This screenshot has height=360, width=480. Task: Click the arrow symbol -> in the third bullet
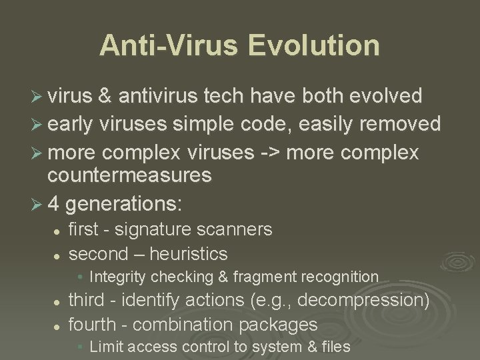click(270, 153)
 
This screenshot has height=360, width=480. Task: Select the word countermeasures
click(129, 175)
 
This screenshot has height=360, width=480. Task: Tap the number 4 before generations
click(54, 202)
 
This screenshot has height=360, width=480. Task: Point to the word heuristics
click(189, 254)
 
